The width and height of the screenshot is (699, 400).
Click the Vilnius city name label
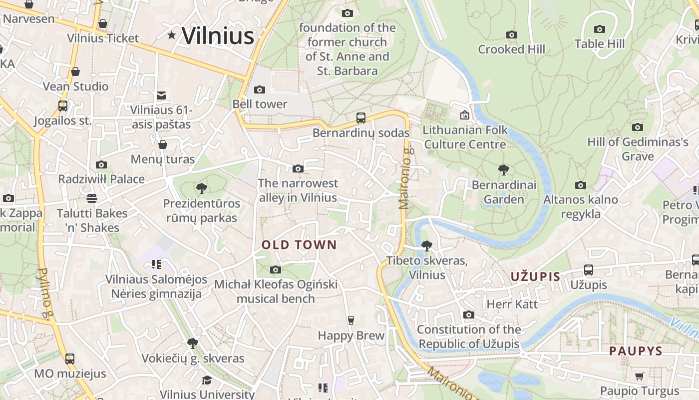click(x=218, y=36)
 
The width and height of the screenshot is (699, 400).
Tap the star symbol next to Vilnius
click(x=172, y=35)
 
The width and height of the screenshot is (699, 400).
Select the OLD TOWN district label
click(x=300, y=245)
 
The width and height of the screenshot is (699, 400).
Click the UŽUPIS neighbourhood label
click(x=535, y=276)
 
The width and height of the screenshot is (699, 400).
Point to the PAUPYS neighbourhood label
click(x=636, y=351)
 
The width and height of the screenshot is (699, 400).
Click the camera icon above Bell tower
click(x=260, y=90)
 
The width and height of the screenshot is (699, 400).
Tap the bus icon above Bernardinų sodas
click(x=361, y=118)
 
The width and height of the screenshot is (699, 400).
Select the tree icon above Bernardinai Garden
click(x=504, y=170)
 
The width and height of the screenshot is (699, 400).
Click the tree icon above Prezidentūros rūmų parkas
click(x=202, y=188)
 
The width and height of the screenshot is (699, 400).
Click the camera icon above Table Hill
click(x=600, y=29)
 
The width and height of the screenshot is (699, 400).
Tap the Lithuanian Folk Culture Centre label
click(x=465, y=137)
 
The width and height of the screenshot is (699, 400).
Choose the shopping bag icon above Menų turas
click(x=162, y=145)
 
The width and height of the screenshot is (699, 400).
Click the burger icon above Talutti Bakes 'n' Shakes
click(x=91, y=198)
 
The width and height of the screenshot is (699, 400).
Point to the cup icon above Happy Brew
click(x=351, y=320)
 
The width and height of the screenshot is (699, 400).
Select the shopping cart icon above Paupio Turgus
click(x=640, y=376)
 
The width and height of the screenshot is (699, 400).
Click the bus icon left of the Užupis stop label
click(x=589, y=270)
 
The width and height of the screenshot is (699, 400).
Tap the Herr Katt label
click(x=512, y=304)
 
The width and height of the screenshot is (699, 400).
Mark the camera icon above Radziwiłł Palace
click(x=101, y=164)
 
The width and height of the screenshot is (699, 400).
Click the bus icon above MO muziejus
click(x=70, y=358)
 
